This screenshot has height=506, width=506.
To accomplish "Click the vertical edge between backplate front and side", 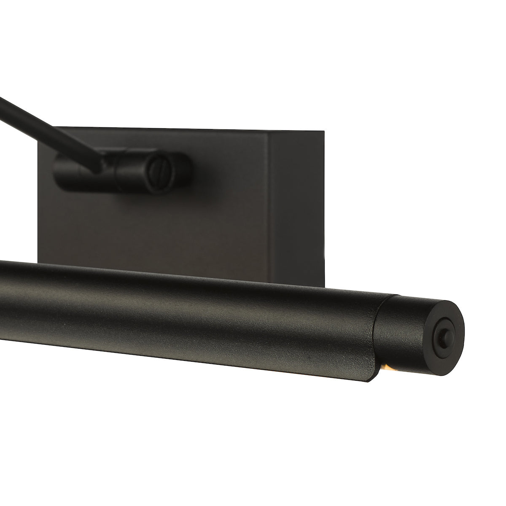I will pos(270,202).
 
